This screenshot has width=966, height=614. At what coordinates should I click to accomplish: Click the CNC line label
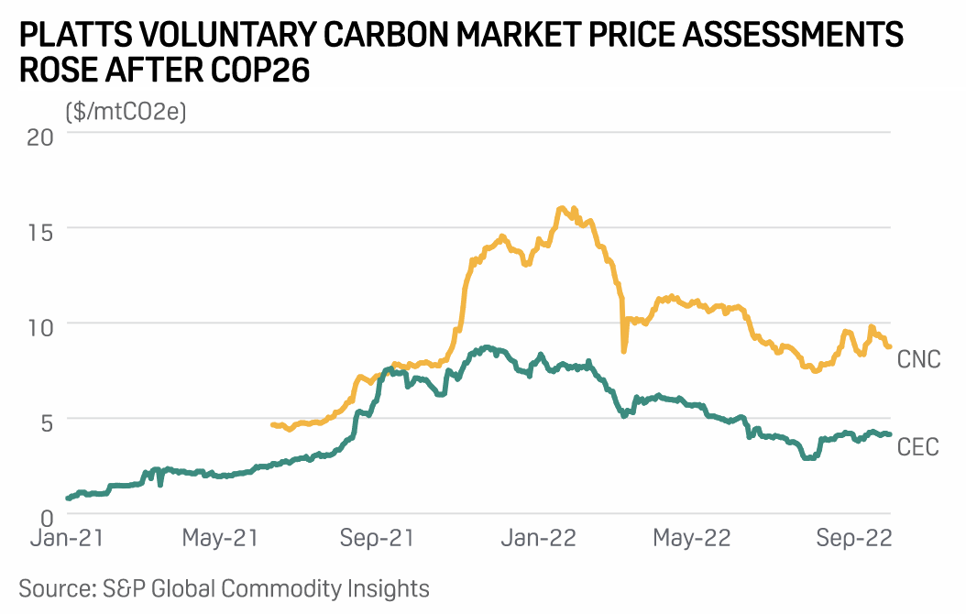coord(918,358)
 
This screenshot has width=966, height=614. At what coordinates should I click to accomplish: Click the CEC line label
coord(917,448)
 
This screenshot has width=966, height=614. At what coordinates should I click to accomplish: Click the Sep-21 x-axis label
coord(378,539)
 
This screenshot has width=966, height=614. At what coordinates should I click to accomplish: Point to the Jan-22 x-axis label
coord(536,539)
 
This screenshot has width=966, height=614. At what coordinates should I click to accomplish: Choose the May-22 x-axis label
coord(692,539)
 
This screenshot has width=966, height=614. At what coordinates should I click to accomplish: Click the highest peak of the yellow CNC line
coord(561,209)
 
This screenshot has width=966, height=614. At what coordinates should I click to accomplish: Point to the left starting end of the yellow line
coord(272,424)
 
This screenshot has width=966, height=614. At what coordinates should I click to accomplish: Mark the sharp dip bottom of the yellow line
coord(623,351)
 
